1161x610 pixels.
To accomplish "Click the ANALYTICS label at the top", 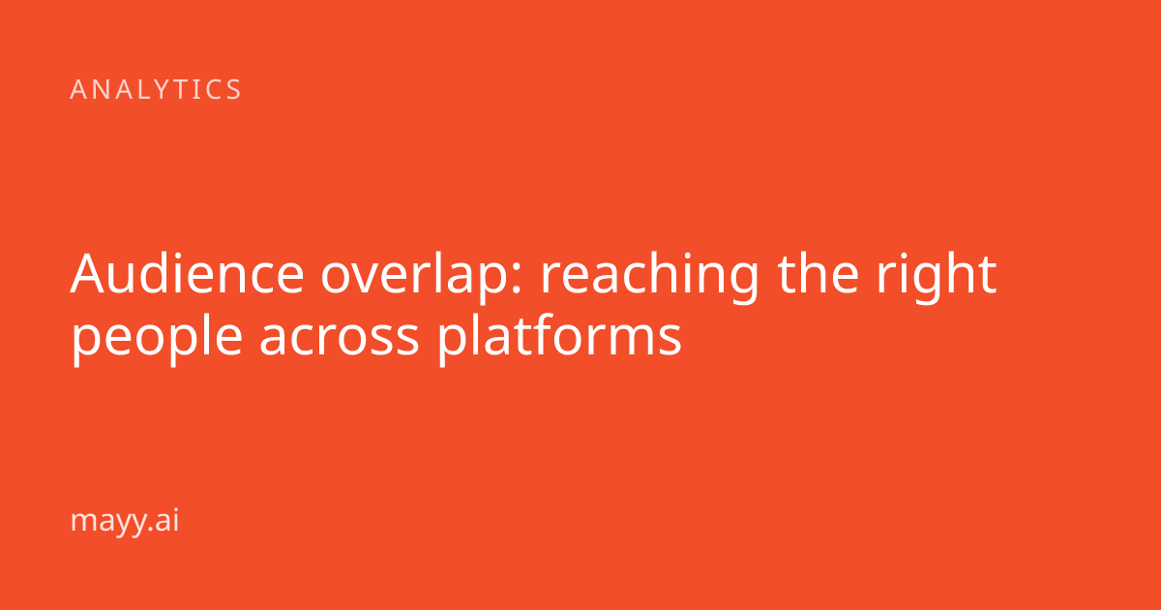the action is point(156,89).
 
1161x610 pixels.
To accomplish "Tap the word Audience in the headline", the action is point(187,273).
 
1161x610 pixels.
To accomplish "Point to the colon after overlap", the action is point(516,280).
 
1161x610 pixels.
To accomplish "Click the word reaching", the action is point(650,278).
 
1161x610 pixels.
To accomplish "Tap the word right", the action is point(937,278).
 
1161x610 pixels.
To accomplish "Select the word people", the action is point(158,340).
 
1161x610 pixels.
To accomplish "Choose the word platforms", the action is point(559,340).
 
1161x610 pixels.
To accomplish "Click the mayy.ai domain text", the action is point(125,521).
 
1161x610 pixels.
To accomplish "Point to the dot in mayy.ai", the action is point(151,529).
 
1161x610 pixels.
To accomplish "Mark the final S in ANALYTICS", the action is point(234,89).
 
